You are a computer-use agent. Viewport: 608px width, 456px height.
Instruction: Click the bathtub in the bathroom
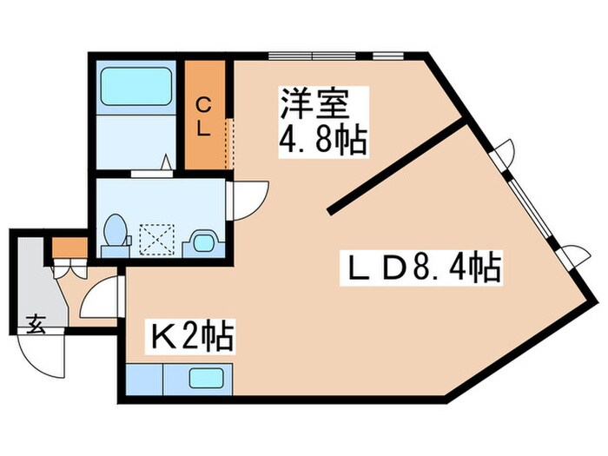(x=135, y=86)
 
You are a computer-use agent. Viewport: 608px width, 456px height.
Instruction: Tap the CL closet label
(x=203, y=116)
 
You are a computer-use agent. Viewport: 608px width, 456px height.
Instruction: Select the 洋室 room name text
(x=314, y=104)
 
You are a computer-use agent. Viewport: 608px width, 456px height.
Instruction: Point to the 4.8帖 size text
(x=322, y=140)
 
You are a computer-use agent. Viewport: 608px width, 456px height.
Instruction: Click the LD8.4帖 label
(x=421, y=268)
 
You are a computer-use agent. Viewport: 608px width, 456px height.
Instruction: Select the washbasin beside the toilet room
(x=203, y=243)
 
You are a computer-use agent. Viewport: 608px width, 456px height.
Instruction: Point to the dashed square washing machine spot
(x=156, y=240)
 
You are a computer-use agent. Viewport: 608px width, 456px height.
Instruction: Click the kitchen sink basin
(x=207, y=379)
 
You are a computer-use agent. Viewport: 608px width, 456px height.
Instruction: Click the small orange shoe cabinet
(x=69, y=248)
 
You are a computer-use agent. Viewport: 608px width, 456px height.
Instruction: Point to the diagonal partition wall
(x=397, y=168)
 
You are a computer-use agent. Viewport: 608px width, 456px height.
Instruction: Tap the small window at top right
(x=388, y=56)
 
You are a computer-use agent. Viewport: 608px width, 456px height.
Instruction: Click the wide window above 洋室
(x=312, y=56)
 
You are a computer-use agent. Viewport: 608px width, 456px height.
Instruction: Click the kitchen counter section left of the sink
(x=145, y=380)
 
